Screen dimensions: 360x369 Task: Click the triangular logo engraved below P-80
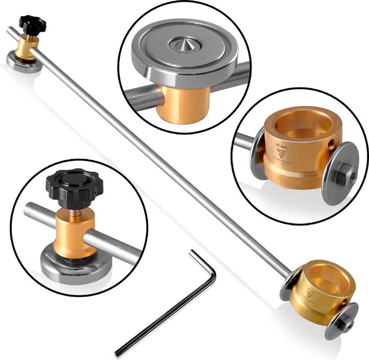(279, 156)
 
